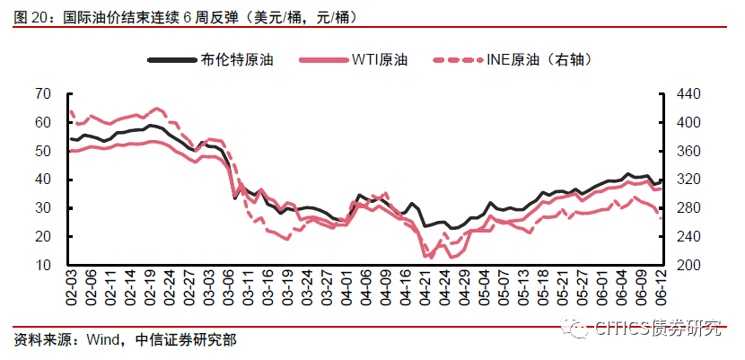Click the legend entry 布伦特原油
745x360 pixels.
[237, 59]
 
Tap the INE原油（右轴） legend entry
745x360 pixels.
[539, 59]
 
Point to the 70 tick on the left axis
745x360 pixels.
[42, 93]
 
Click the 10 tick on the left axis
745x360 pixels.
[42, 266]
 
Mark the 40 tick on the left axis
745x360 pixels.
[42, 180]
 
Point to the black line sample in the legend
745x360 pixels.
[171, 59]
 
